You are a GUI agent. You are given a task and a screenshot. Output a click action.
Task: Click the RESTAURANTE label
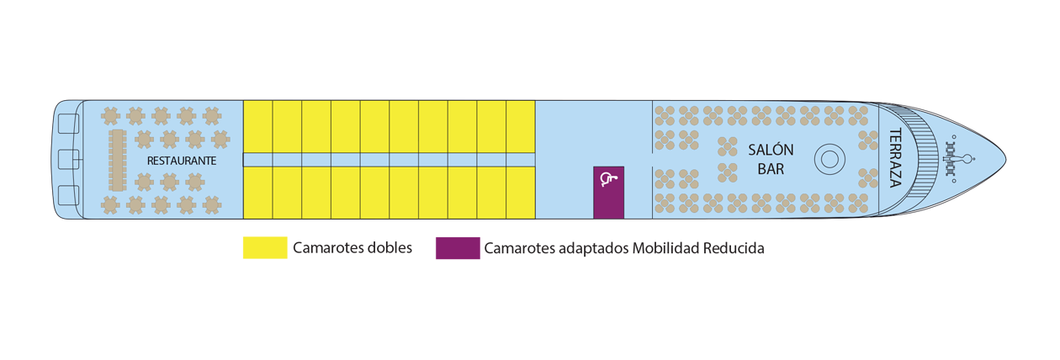(182, 161)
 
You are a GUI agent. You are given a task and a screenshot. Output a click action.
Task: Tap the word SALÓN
(771, 150)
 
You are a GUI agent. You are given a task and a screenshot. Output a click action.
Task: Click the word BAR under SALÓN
(771, 169)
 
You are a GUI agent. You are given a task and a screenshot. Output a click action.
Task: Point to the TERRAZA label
(895, 158)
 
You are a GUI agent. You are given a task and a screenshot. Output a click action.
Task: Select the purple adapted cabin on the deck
(608, 193)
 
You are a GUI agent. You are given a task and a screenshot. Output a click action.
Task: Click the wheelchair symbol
(608, 179)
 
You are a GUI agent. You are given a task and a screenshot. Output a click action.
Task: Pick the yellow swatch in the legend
(265, 247)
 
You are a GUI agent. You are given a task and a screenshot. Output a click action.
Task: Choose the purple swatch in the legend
(458, 248)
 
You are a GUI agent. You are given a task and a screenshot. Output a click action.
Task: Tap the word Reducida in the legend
(734, 248)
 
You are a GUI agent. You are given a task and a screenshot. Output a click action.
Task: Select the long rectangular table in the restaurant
(117, 160)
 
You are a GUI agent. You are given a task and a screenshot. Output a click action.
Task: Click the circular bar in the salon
(829, 159)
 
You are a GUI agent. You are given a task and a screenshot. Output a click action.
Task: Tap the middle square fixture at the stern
(69, 159)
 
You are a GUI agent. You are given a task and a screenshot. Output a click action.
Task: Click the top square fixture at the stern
(69, 124)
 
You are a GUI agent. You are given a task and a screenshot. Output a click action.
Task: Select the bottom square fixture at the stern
(69, 195)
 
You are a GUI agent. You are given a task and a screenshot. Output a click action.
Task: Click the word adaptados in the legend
(593, 248)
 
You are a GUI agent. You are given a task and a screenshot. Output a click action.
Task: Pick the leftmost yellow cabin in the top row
(258, 126)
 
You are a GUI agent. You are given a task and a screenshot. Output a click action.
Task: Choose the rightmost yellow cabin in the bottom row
(521, 193)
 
